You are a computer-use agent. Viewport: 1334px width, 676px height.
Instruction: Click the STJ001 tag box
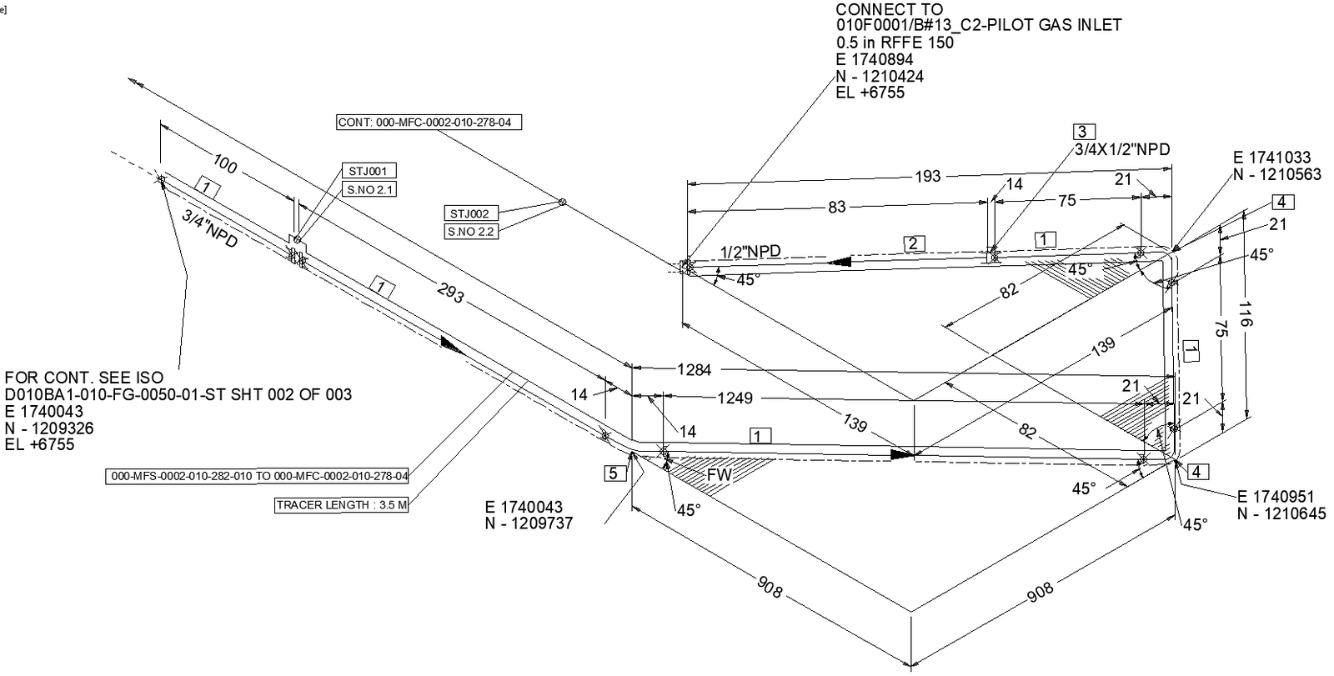[x=368, y=172]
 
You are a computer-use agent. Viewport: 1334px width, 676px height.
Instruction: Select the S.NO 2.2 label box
[x=469, y=232]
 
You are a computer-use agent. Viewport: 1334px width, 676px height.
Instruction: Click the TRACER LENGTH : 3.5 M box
[x=341, y=505]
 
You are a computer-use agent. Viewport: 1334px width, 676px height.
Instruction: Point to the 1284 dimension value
[x=694, y=368]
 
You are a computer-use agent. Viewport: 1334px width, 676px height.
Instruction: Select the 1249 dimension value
[x=735, y=398]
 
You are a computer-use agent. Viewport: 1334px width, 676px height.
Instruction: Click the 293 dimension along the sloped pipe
[x=449, y=293]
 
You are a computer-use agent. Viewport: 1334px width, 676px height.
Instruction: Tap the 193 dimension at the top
[x=927, y=176]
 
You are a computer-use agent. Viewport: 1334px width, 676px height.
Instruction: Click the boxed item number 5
[x=614, y=473]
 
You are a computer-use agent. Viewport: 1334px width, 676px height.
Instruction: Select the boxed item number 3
[x=1082, y=132]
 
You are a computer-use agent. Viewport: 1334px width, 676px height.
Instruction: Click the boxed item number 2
[x=914, y=243]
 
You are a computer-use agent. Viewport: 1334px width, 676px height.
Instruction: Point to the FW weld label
[x=719, y=475]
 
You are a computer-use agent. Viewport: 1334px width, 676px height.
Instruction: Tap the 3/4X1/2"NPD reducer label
[x=1121, y=150]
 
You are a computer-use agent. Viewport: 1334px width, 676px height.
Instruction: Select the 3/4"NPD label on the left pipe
[x=209, y=228]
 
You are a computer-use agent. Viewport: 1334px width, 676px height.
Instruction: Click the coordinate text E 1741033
[x=1271, y=158]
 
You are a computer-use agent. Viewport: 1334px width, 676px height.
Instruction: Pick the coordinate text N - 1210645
[x=1281, y=513]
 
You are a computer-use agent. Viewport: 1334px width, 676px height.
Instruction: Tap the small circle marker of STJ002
[x=562, y=202]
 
